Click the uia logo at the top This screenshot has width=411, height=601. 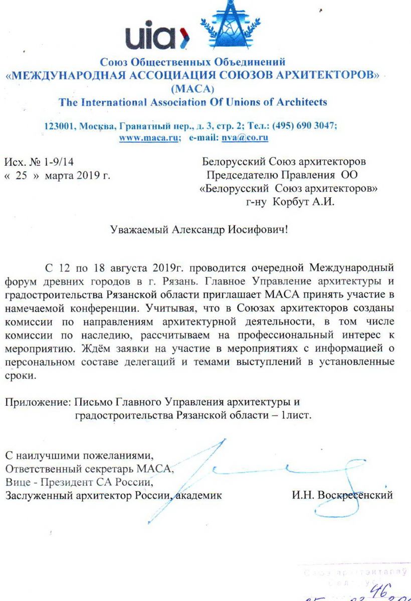(x=155, y=36)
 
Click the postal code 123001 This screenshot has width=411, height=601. (x=59, y=126)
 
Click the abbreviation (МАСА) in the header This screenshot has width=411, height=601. (x=192, y=90)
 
